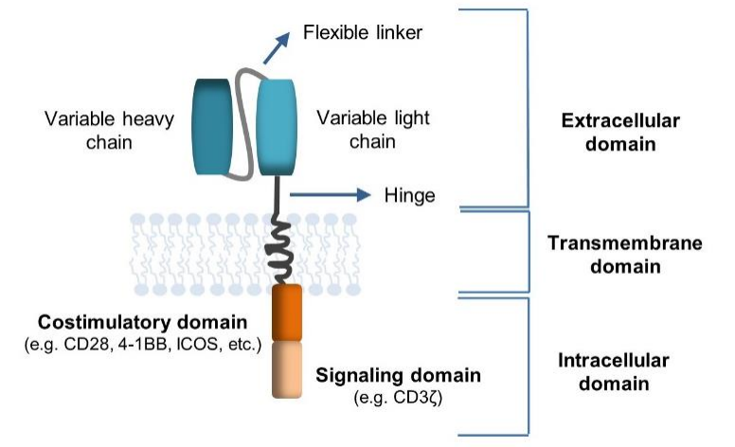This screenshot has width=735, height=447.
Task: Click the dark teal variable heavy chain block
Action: pos(213,127)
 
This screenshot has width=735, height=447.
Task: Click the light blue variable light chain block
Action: pos(277,127)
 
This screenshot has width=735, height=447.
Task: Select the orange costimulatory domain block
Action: pos(287,313)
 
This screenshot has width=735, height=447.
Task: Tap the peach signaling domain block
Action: pos(287,369)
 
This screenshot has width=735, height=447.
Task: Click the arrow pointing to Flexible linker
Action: pos(277,48)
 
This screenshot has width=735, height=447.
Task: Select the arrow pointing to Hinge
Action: pos(331,194)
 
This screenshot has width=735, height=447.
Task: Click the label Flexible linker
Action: pos(363,32)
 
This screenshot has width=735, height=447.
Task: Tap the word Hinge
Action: pos(410,195)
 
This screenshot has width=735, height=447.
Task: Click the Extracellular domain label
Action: pos(620,133)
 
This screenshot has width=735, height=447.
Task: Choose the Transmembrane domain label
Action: pos(625,255)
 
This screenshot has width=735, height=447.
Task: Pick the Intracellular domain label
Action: pos(614,371)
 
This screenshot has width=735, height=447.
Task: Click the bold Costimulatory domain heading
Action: pos(142,322)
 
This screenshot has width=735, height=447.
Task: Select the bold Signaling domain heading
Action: pos(399,375)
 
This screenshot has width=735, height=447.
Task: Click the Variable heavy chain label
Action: pos(109,131)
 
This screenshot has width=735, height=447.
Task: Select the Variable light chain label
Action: pos(373,130)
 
